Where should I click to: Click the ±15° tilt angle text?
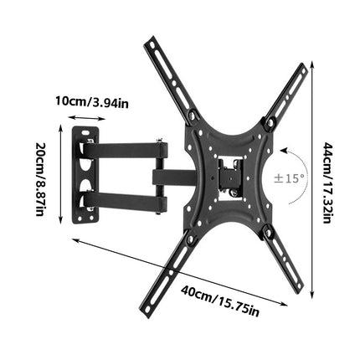pyautogui.click(x=290, y=178)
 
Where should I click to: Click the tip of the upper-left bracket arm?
pyautogui.click(x=152, y=41)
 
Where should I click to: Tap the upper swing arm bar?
pyautogui.click(x=126, y=153)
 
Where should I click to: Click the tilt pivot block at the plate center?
pyautogui.click(x=228, y=178)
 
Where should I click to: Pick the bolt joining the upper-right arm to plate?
pyautogui.click(x=269, y=125)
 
